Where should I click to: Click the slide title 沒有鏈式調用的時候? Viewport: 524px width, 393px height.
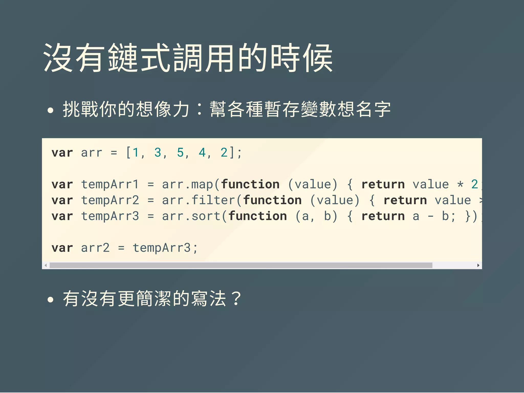coord(188,58)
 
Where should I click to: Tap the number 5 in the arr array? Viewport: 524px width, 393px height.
coord(180,153)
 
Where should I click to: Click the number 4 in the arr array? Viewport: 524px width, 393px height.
coord(202,153)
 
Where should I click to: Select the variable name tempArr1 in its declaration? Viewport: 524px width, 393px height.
coord(110,184)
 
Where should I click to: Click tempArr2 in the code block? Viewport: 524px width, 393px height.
coord(110,200)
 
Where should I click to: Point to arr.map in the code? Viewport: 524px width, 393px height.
coord(188,184)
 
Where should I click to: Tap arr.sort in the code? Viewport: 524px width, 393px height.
coord(191,216)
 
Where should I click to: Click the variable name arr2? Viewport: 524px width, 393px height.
coord(95,248)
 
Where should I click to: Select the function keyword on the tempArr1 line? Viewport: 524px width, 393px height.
coord(250,184)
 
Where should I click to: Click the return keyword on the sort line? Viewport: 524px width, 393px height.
coord(383,216)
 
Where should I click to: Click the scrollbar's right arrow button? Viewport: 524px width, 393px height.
coord(478,265)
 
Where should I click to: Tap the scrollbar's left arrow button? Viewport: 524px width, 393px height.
coord(46,265)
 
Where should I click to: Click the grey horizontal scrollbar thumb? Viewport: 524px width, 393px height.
coord(241,265)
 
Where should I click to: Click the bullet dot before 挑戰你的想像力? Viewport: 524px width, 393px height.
coord(51,111)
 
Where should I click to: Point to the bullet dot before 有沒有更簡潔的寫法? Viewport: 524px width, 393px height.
coord(51,300)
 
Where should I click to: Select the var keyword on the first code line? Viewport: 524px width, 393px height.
coord(62,153)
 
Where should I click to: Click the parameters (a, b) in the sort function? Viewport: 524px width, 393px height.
coord(316,216)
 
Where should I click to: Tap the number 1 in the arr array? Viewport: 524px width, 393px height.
coord(136,153)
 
